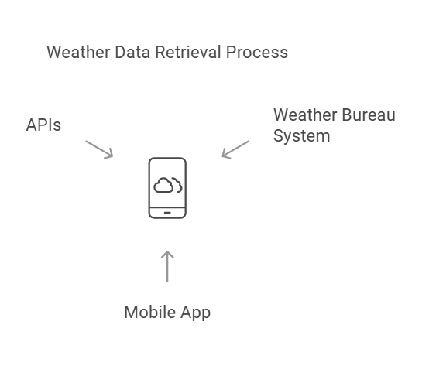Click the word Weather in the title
78,52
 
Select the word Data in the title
132,52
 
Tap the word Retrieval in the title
188,52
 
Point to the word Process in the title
257,52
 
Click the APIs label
43,125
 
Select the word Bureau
369,115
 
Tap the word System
301,136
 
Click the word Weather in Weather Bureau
305,115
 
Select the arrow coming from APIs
99,149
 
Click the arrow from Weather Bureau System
235,149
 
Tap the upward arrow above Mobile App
167,266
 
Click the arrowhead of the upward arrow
167,251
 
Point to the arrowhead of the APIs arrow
112,156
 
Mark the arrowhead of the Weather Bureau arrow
223,156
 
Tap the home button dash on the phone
167,212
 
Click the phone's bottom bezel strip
167,212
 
